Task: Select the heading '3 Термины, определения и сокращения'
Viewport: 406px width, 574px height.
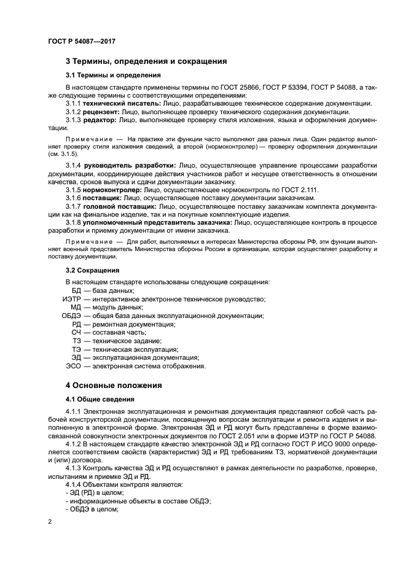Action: (146, 61)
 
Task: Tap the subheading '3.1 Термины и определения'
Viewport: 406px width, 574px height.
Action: (113, 76)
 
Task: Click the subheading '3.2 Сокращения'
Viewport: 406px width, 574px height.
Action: (92, 270)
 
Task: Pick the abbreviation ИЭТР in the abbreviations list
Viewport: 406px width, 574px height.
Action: (72, 299)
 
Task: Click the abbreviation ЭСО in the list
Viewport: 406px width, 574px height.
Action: (73, 367)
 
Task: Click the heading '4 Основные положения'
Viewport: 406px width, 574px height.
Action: (114, 386)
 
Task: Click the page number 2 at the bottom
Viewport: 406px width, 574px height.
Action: (50, 521)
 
